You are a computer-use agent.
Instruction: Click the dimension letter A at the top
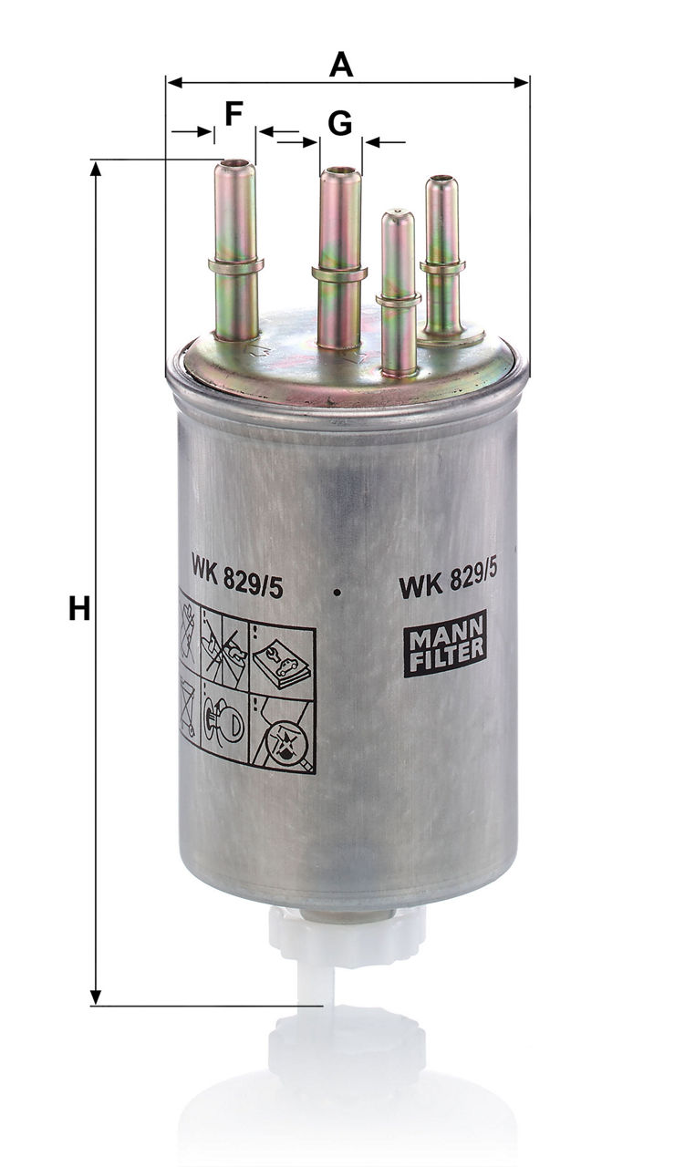pos(341,65)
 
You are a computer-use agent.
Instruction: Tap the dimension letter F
pos(234,114)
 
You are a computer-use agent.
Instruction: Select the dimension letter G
pos(340,124)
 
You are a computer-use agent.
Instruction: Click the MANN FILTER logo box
pos(445,644)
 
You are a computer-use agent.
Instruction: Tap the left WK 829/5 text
pos(237,576)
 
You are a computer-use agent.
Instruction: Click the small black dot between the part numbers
pos(339,592)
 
